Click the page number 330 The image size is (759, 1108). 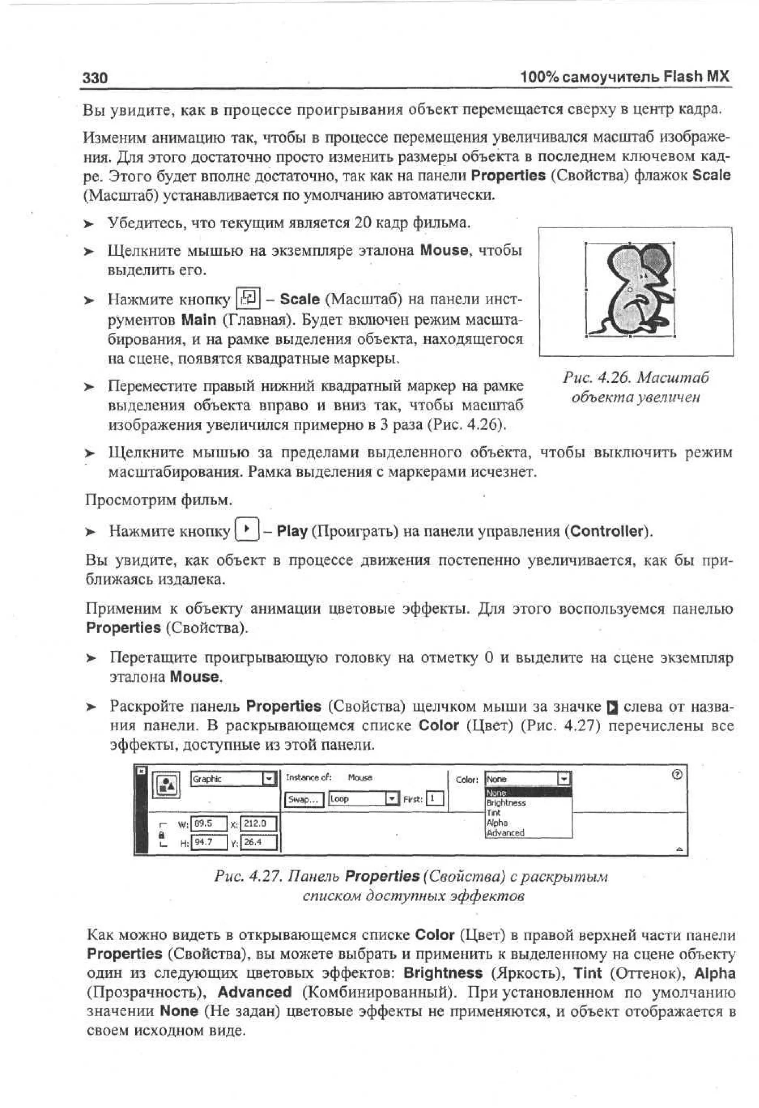tap(95, 77)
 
